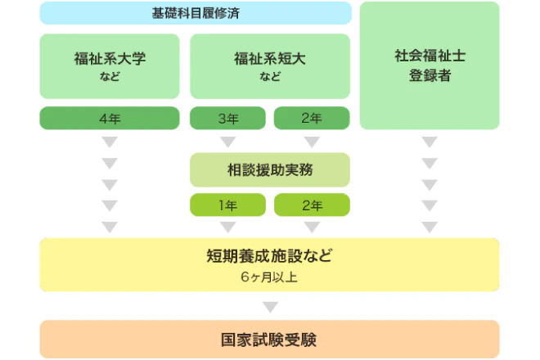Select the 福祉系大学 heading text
coord(109,59)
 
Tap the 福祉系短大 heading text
coord(270,59)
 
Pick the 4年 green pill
coord(109,119)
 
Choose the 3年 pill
coord(228,119)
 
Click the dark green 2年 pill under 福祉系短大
coord(312,119)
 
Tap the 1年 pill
coord(228,205)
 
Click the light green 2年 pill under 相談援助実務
coord(312,205)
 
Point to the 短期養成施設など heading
coord(269,255)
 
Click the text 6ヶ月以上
coord(269,277)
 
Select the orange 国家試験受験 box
coord(269,339)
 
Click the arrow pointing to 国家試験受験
coord(269,308)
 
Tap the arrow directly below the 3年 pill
coord(228,142)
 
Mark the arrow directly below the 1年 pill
coord(228,227)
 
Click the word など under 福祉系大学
coord(109,78)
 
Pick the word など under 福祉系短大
coord(270,78)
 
